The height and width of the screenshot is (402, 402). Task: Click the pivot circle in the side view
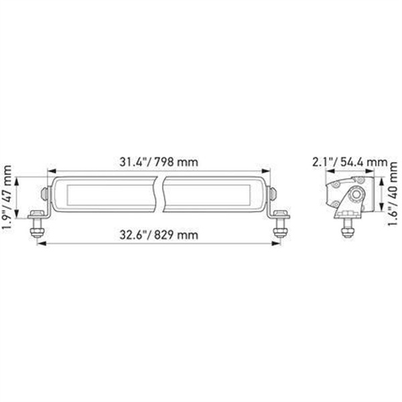[358, 194]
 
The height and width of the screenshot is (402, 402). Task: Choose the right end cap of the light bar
[273, 194]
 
